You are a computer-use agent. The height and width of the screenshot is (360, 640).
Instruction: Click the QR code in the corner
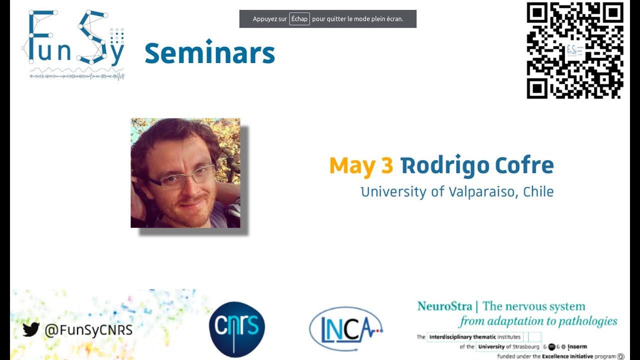click(575, 50)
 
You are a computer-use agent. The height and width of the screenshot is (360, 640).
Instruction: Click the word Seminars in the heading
click(209, 53)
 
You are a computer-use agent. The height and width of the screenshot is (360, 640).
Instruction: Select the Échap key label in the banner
click(299, 19)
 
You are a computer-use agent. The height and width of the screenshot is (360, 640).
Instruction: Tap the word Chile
click(538, 192)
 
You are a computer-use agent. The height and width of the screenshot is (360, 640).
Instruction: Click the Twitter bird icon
click(31, 329)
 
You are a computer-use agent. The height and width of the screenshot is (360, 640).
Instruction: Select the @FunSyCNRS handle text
click(88, 330)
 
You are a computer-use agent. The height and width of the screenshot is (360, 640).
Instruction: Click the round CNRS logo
click(237, 329)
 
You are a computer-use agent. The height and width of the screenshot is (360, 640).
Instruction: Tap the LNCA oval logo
click(346, 328)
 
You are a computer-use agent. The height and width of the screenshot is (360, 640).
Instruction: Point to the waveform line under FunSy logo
click(76, 76)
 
